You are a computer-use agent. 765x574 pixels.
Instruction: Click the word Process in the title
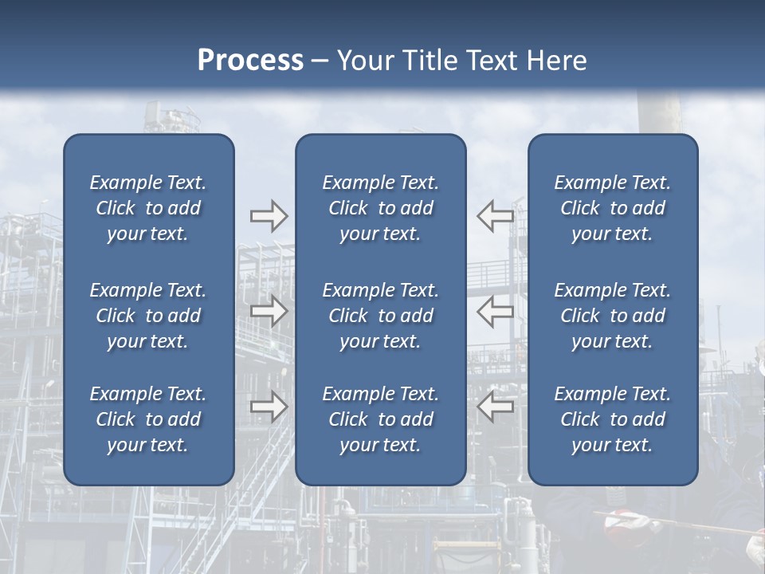(250, 61)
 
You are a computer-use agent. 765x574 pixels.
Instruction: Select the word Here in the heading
(555, 61)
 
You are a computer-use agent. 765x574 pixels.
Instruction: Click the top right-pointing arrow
(269, 216)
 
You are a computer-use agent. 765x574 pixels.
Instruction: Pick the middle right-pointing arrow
(269, 312)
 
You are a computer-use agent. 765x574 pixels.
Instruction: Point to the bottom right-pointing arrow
(269, 407)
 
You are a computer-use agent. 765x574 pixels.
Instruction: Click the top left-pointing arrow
(496, 216)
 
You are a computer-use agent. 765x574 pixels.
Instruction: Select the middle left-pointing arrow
(496, 312)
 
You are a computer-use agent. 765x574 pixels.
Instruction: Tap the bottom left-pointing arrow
(496, 407)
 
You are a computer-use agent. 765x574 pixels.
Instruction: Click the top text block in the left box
(148, 208)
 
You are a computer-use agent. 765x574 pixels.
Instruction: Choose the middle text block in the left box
(148, 316)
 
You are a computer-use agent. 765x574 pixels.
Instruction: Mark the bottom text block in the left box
(148, 419)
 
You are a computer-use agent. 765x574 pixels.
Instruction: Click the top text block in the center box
(381, 208)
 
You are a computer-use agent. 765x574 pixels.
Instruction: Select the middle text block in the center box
(381, 316)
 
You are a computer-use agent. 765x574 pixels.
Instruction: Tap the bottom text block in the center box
(381, 419)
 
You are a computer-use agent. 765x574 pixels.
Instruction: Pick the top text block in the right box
(613, 208)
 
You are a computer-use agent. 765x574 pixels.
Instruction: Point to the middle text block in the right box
(613, 316)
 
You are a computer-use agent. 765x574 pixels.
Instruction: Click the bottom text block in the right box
(613, 419)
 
